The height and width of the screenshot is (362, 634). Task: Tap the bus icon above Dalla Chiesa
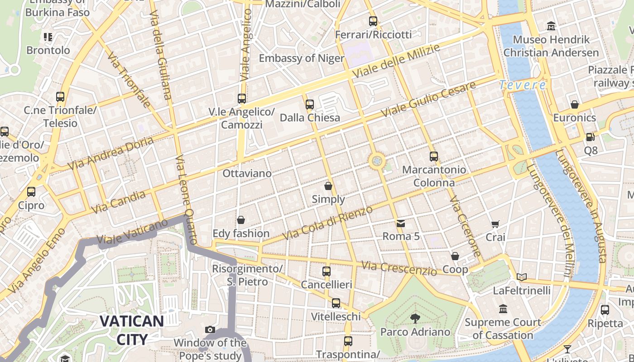[x=310, y=105]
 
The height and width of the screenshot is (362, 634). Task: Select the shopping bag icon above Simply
[x=328, y=186]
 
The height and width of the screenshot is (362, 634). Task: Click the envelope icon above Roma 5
[x=401, y=223]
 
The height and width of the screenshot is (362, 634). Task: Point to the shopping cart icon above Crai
[x=495, y=224]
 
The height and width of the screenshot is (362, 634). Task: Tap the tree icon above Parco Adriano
[x=415, y=319]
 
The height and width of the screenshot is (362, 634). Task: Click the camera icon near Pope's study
[x=210, y=329]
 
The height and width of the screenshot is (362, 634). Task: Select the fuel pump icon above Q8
[x=590, y=137]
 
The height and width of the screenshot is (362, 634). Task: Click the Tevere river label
[x=523, y=85]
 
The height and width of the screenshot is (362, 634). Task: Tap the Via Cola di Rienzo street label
[x=327, y=223]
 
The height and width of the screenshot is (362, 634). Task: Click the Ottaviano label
[x=247, y=173]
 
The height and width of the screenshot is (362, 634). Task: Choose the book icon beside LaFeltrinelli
[x=522, y=276]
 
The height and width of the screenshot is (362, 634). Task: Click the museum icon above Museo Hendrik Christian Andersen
[x=551, y=26]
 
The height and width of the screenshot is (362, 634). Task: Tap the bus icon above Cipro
[x=31, y=192]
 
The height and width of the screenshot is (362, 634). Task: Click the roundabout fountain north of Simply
[x=377, y=161]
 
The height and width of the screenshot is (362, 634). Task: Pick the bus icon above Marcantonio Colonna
[x=434, y=157]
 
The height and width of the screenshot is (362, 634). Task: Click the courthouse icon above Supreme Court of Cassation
[x=503, y=309]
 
